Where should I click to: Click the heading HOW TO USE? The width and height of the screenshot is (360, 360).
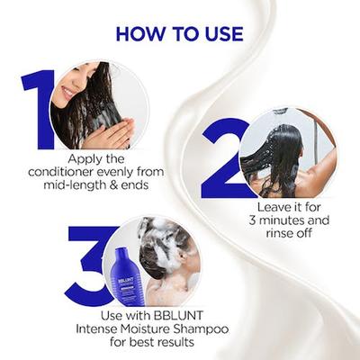click(180, 34)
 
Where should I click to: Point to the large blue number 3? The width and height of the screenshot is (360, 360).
click(91, 265)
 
